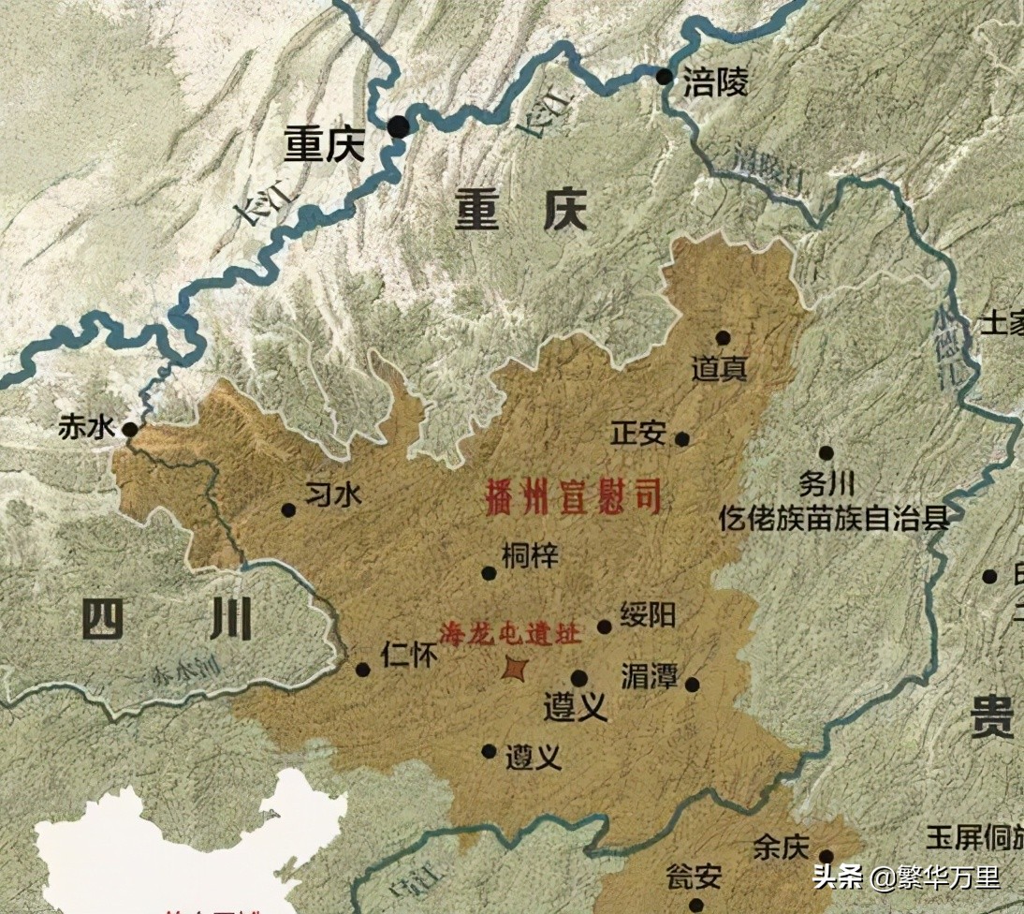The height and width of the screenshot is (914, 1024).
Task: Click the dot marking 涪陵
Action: [665, 77]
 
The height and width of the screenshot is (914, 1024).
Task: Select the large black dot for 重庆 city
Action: [400, 126]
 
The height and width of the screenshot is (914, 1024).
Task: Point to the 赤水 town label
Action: [85, 428]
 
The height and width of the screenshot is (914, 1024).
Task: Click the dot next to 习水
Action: [288, 510]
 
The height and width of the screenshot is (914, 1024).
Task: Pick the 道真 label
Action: [719, 369]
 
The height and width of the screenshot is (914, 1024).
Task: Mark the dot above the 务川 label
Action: [826, 453]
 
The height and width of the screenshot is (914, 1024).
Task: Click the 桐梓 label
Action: [530, 555]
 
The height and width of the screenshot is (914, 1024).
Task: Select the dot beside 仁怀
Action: [363, 670]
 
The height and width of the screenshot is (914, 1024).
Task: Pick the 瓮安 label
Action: [694, 877]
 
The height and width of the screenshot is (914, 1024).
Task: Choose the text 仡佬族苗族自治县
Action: [835, 518]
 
